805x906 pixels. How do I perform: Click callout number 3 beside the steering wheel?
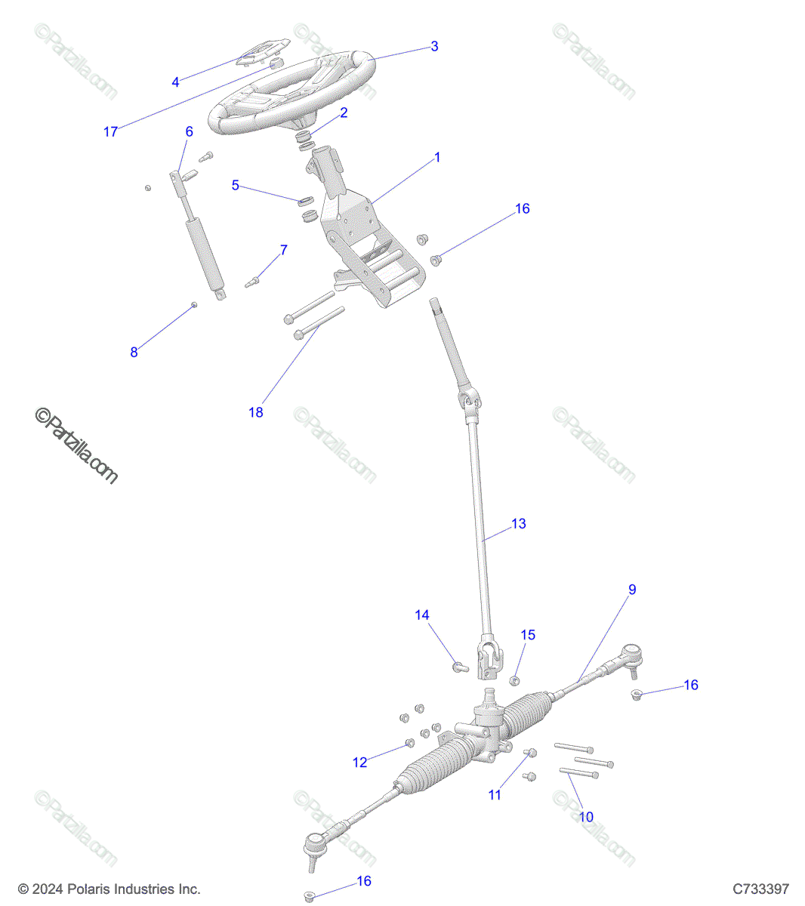pyautogui.click(x=433, y=46)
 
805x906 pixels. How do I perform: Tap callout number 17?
pyautogui.click(x=110, y=131)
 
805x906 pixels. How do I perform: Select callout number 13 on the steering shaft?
pyautogui.click(x=518, y=523)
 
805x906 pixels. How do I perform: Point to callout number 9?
pyautogui.click(x=632, y=589)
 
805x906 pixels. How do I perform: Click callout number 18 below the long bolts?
pyautogui.click(x=256, y=412)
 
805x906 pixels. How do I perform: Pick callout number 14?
pyautogui.click(x=421, y=615)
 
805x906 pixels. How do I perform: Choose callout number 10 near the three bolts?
pyautogui.click(x=586, y=817)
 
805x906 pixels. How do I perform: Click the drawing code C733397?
pyautogui.click(x=760, y=888)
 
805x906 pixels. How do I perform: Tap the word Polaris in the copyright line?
pyautogui.click(x=88, y=889)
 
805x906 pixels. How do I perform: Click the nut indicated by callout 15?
pyautogui.click(x=514, y=681)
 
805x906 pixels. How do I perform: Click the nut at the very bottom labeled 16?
pyautogui.click(x=309, y=895)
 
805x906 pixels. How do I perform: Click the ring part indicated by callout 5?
pyautogui.click(x=305, y=201)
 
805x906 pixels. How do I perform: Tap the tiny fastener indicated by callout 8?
pyautogui.click(x=194, y=304)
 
